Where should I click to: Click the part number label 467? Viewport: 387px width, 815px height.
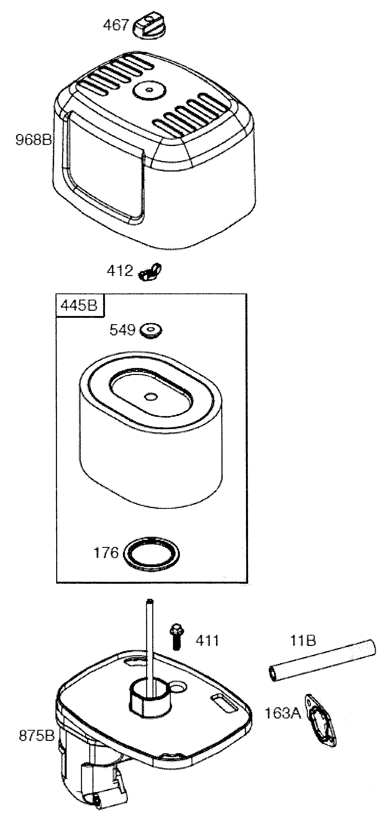(x=116, y=25)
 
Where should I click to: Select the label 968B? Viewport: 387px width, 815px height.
(x=33, y=140)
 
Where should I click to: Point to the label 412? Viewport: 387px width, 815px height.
(x=119, y=271)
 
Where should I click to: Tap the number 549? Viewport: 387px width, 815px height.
(x=122, y=330)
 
